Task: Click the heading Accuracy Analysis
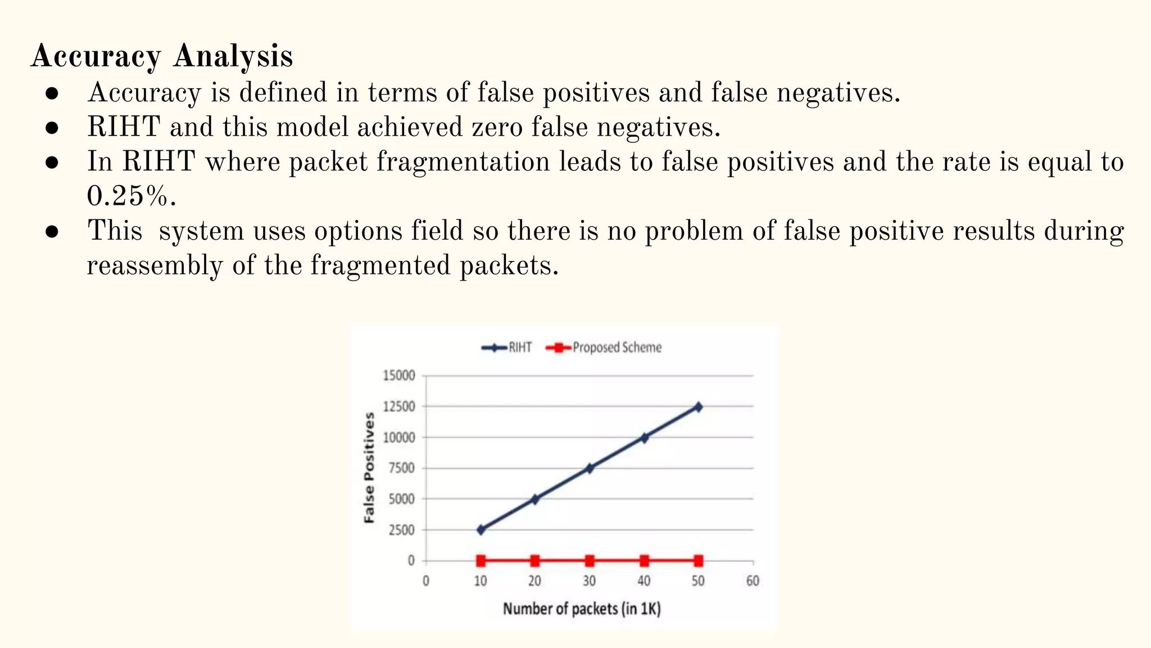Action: tap(162, 57)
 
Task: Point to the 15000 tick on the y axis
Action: tap(399, 375)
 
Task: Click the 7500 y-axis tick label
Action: tap(401, 468)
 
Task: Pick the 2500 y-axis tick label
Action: tap(401, 530)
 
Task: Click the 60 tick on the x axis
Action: tap(753, 581)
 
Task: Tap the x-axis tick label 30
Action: tap(589, 581)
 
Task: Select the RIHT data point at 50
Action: tap(698, 407)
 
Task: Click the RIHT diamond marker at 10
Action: tap(481, 530)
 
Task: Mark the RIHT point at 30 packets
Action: tap(590, 468)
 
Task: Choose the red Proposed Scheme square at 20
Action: tap(535, 560)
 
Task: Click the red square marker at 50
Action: tap(698, 560)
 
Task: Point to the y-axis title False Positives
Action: tap(369, 467)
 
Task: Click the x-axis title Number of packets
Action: tap(582, 609)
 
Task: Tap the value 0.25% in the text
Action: tap(132, 196)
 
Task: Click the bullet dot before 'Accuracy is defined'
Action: tap(52, 93)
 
